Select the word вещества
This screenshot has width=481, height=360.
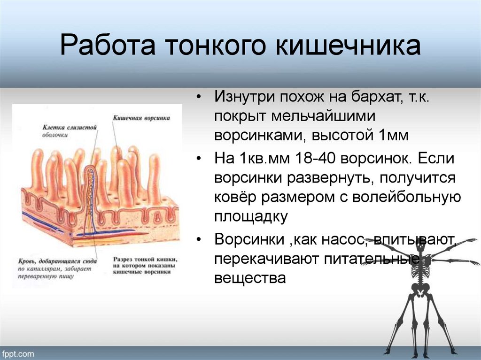click(x=250, y=278)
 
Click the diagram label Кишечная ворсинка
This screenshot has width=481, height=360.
click(x=141, y=119)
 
